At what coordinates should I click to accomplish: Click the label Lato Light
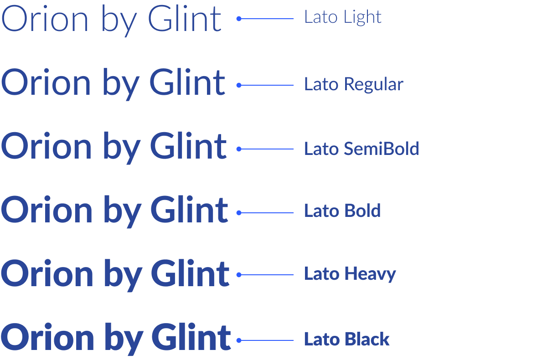point(343,17)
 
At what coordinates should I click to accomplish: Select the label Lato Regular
point(354,84)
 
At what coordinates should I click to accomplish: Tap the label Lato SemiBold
point(362,149)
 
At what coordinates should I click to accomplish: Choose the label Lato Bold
point(342,211)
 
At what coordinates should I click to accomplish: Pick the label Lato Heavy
point(350,274)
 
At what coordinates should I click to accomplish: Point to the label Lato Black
point(347,339)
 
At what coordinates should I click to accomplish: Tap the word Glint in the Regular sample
point(187,83)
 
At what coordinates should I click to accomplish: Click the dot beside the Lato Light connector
point(238,19)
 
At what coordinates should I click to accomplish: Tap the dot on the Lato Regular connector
point(238,85)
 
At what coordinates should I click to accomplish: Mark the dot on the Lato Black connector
point(238,340)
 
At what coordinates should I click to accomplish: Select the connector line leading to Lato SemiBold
point(267,149)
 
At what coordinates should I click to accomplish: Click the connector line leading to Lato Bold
point(267,213)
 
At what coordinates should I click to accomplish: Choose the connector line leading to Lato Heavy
point(267,275)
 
